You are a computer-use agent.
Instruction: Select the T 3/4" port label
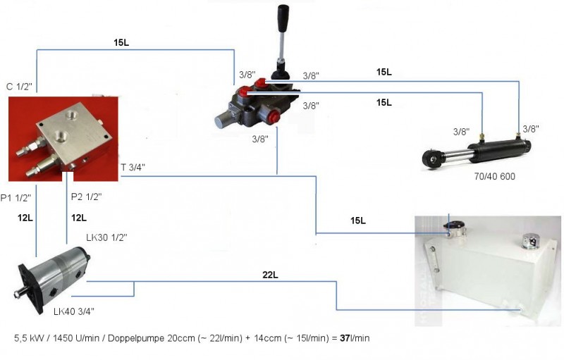[x=134, y=167]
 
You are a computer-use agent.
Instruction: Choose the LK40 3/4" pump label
[x=74, y=311]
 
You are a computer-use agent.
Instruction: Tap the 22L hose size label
[x=269, y=275]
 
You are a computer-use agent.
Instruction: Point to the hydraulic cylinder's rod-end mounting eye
[x=429, y=159]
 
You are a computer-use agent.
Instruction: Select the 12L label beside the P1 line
[x=26, y=218]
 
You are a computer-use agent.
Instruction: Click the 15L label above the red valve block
[x=121, y=42]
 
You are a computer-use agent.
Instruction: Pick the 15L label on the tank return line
[x=358, y=221]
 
